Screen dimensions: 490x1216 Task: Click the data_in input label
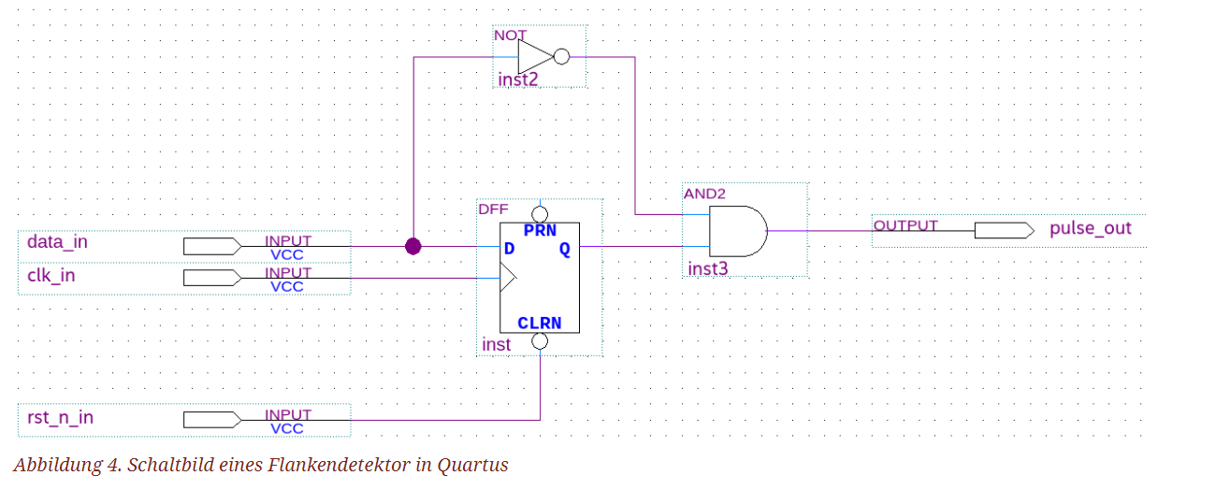click(57, 242)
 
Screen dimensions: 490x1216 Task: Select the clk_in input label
click(51, 277)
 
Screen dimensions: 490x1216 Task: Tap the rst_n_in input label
click(60, 417)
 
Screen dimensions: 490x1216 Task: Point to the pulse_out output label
click(1090, 228)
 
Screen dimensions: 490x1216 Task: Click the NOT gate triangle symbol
click(534, 56)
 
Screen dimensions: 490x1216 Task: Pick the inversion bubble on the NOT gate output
click(561, 57)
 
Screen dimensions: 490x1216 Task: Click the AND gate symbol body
click(737, 231)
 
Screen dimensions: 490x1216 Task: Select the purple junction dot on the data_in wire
click(413, 246)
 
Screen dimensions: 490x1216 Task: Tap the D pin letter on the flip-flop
click(509, 249)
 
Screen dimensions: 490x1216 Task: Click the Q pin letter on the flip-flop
click(565, 249)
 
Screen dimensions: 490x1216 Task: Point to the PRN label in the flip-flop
click(540, 229)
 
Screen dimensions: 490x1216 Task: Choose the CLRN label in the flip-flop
click(539, 324)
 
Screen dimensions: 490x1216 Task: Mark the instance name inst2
click(517, 79)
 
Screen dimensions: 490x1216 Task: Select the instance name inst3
click(707, 269)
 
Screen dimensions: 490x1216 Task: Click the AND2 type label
click(703, 193)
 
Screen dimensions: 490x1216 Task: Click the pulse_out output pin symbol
click(1004, 230)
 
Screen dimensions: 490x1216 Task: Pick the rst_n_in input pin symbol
click(212, 419)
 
